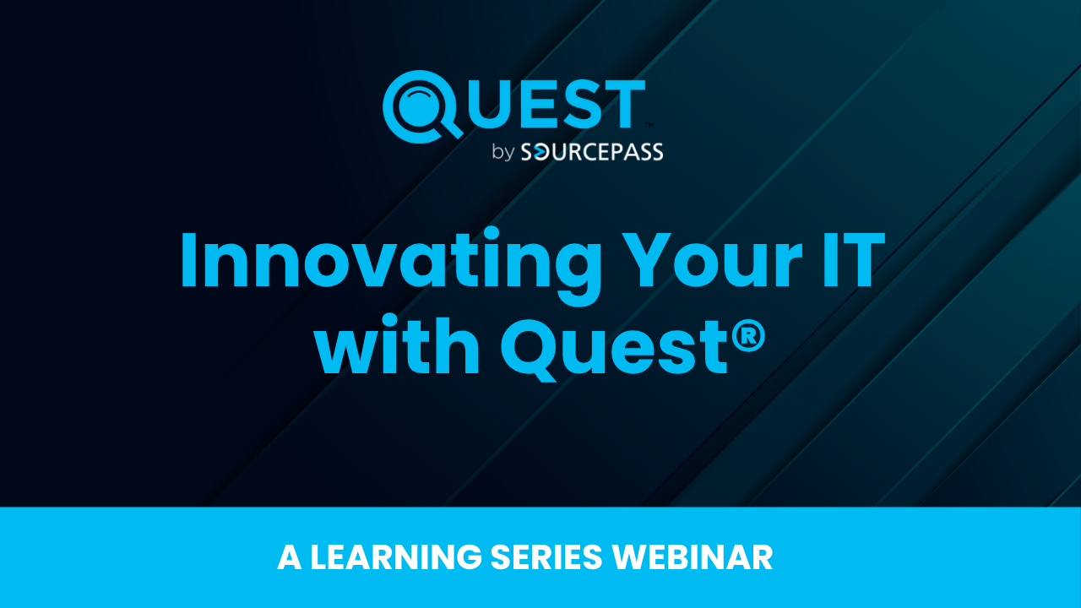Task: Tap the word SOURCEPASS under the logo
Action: (592, 152)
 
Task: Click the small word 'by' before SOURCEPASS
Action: (503, 152)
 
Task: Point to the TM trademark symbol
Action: (649, 125)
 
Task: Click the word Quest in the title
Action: (614, 350)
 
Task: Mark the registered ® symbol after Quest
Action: (748, 336)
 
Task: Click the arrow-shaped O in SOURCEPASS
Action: (542, 153)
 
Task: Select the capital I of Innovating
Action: (188, 260)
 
